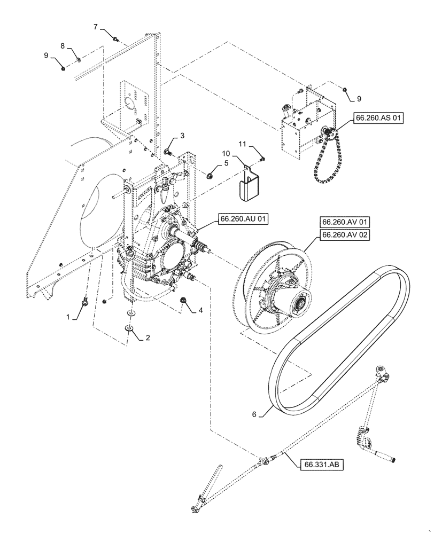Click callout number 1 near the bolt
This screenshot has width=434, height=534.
[x=68, y=317]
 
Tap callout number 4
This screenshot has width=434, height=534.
[x=200, y=310]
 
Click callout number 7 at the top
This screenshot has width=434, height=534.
[x=96, y=27]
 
